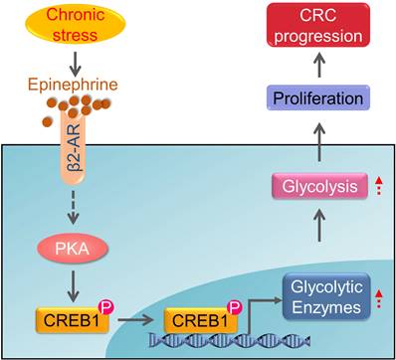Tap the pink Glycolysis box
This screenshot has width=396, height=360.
(x=323, y=186)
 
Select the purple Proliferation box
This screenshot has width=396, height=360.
(x=323, y=99)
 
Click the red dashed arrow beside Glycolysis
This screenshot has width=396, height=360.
(x=379, y=186)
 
